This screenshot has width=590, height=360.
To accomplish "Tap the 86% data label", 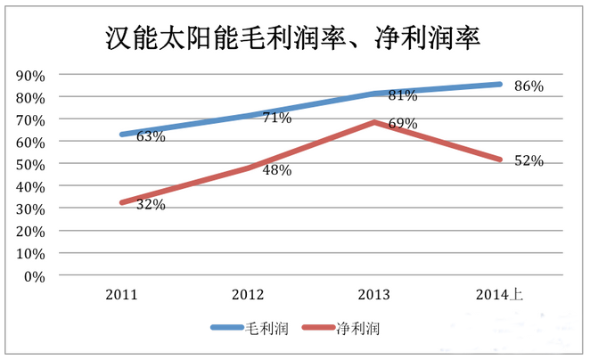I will coord(529,86).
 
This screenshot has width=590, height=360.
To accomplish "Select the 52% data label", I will coord(529,160).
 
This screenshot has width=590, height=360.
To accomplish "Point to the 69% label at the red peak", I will coord(403,124).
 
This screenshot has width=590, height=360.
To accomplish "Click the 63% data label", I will coord(151,136).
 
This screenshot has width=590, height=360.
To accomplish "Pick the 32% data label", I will coord(151,205).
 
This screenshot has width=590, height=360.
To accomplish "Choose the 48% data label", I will coord(276,170).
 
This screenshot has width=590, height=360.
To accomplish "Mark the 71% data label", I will coord(276,118).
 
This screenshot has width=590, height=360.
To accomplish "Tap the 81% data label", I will coord(403,95).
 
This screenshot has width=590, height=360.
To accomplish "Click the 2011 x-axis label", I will coord(121,294).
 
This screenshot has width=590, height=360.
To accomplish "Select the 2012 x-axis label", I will coord(247,294).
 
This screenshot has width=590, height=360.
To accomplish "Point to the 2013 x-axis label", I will coord(373,294).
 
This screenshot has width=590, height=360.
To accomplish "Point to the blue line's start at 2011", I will coord(122,135).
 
